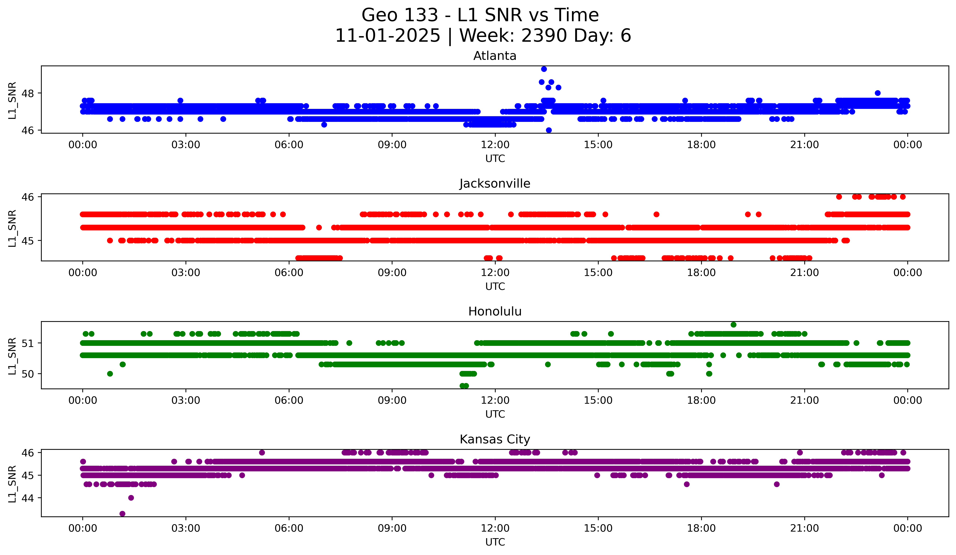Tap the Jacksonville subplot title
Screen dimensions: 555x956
pyautogui.click(x=495, y=184)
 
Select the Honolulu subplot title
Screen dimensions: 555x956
pyautogui.click(x=495, y=311)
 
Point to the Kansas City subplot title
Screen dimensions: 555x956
pyautogui.click(x=495, y=439)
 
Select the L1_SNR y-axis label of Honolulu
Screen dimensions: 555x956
pyautogui.click(x=12, y=356)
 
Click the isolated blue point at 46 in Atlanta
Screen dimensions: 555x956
pyautogui.click(x=549, y=130)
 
